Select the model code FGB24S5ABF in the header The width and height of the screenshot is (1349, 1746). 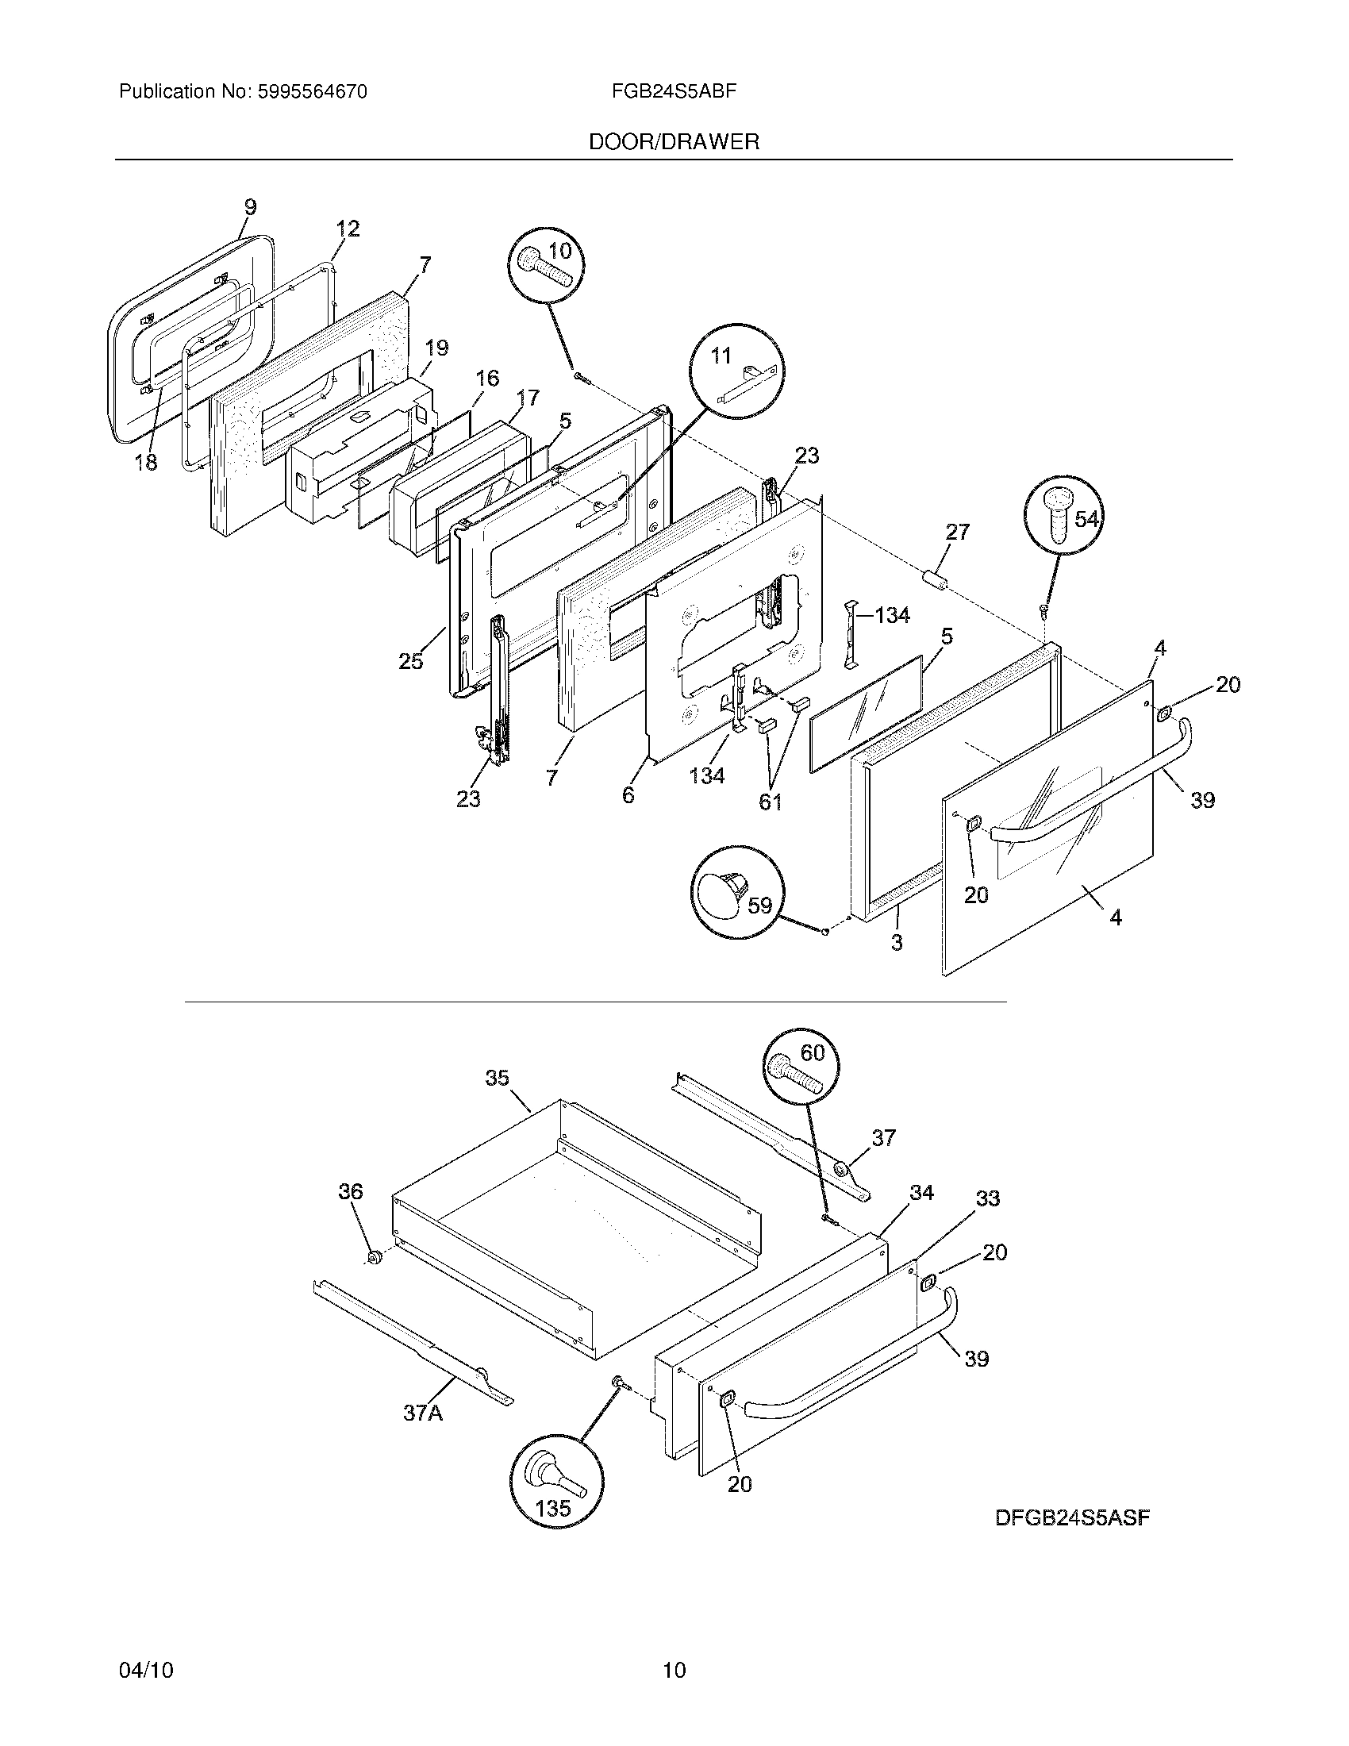click(673, 91)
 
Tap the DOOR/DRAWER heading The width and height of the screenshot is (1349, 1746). click(674, 142)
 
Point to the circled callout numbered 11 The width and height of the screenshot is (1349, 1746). click(737, 371)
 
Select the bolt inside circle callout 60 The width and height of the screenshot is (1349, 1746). click(797, 1071)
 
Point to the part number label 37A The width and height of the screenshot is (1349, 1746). click(423, 1413)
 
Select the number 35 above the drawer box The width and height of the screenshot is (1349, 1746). click(497, 1078)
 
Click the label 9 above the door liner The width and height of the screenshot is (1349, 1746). click(250, 207)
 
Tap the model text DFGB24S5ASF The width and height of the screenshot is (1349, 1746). click(1072, 1517)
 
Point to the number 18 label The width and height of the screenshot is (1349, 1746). click(145, 462)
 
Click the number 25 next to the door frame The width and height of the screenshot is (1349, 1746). click(411, 661)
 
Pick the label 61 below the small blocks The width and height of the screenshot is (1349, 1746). click(771, 802)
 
